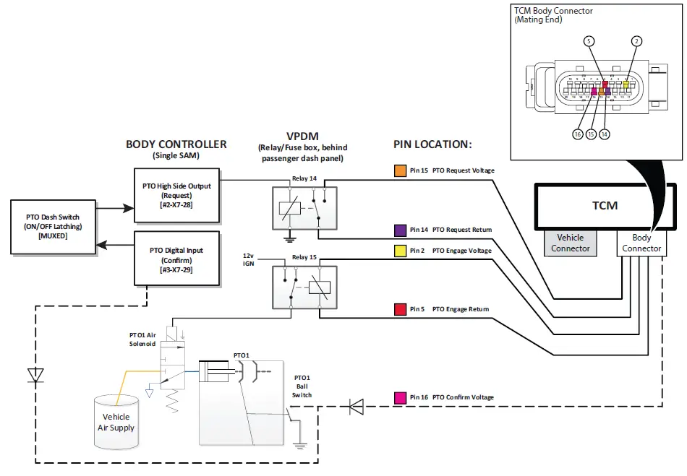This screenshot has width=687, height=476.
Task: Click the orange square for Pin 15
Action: (399, 170)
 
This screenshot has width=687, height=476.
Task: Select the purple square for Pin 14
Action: (399, 230)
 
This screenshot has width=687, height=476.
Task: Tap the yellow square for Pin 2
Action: (399, 251)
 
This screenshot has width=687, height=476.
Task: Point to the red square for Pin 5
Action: (399, 309)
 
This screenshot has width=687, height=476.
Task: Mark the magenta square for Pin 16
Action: (399, 397)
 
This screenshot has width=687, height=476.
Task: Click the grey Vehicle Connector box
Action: (571, 243)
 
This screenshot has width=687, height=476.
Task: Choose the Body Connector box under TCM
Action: (641, 243)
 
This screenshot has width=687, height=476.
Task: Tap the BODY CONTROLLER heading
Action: (176, 144)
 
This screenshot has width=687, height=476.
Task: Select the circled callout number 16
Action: (578, 134)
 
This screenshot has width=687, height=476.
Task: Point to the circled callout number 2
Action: (636, 41)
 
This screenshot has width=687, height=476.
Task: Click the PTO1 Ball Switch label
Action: (302, 386)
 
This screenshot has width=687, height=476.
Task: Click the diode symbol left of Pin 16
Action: (356, 407)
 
